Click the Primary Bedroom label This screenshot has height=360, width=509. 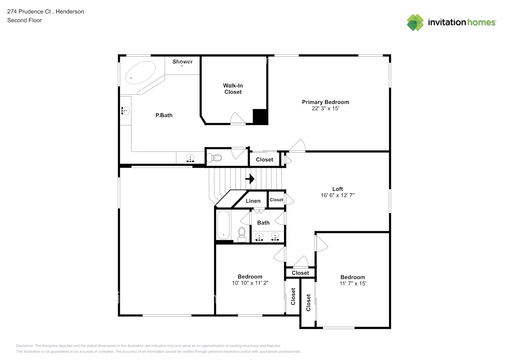click(x=325, y=102)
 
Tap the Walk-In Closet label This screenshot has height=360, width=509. click(x=233, y=89)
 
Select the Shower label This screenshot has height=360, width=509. click(x=183, y=62)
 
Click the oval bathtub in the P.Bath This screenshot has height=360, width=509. click(x=140, y=73)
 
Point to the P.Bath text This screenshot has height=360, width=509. click(x=164, y=115)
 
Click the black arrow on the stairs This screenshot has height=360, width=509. click(x=250, y=179)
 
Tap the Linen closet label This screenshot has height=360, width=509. click(x=253, y=201)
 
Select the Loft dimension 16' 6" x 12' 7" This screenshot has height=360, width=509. click(x=337, y=195)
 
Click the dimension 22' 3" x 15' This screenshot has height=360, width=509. click(x=325, y=108)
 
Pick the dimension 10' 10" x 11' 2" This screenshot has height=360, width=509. click(x=250, y=283)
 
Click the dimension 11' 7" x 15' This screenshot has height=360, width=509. click(x=352, y=283)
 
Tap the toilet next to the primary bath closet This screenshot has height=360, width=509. click(x=215, y=158)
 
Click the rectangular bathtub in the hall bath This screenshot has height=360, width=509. click(x=224, y=225)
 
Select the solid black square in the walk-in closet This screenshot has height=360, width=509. click(x=260, y=117)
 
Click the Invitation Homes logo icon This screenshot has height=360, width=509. click(x=415, y=22)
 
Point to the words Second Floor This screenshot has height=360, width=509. click(x=24, y=20)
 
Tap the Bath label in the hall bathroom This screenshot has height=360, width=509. click(x=263, y=222)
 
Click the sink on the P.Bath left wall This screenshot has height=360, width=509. click(x=126, y=111)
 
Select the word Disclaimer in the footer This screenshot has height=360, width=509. click(x=24, y=346)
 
